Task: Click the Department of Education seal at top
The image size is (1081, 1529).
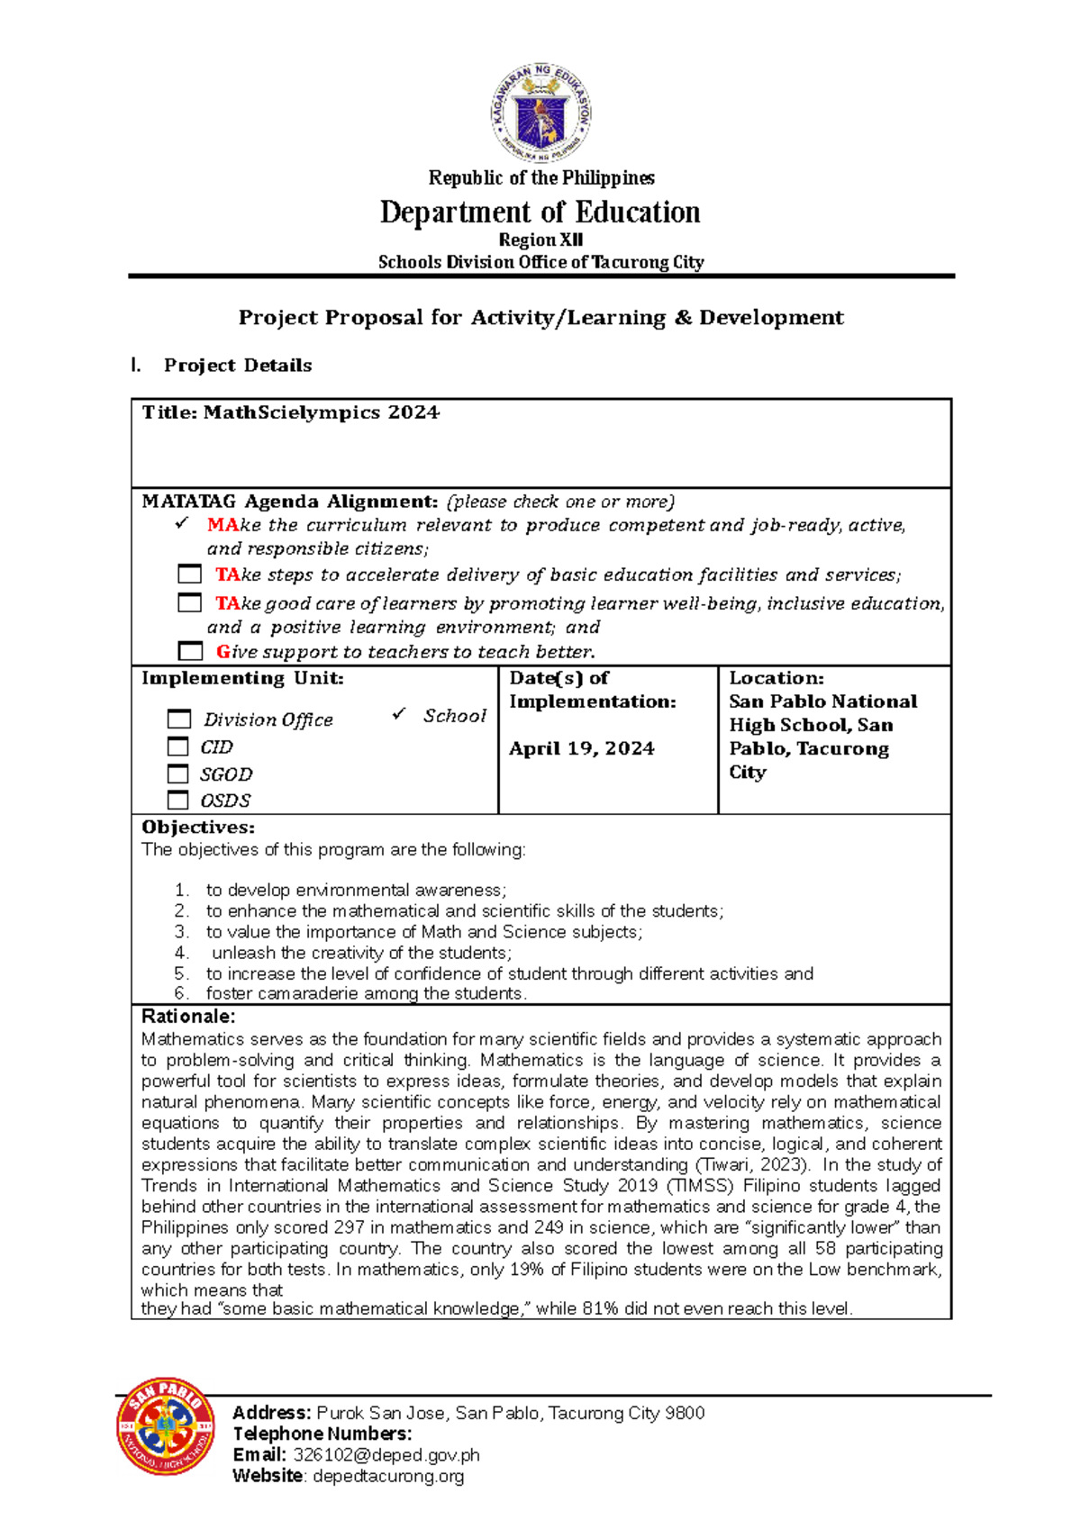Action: coord(540,113)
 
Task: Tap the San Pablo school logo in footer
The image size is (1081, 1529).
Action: coord(166,1426)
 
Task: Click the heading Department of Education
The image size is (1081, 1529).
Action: coord(540,213)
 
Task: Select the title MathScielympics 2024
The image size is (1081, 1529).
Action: coord(290,412)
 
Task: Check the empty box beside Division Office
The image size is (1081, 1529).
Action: coord(179,719)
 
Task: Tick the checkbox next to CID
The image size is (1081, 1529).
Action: coord(178,746)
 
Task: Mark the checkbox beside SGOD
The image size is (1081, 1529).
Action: coord(178,774)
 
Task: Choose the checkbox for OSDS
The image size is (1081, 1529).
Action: coord(178,800)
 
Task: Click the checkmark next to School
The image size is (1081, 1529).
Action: coord(399,714)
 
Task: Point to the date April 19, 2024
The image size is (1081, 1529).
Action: coord(581,748)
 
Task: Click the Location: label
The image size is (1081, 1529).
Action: coord(776,678)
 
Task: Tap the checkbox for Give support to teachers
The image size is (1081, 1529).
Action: coord(190,651)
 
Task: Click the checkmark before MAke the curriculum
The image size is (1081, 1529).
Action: coord(183,523)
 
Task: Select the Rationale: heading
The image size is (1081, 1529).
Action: coord(188,1017)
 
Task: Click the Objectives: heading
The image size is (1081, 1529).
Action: coord(198,828)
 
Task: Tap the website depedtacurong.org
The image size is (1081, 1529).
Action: coord(388,1476)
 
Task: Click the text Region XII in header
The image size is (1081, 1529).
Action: coord(540,240)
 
